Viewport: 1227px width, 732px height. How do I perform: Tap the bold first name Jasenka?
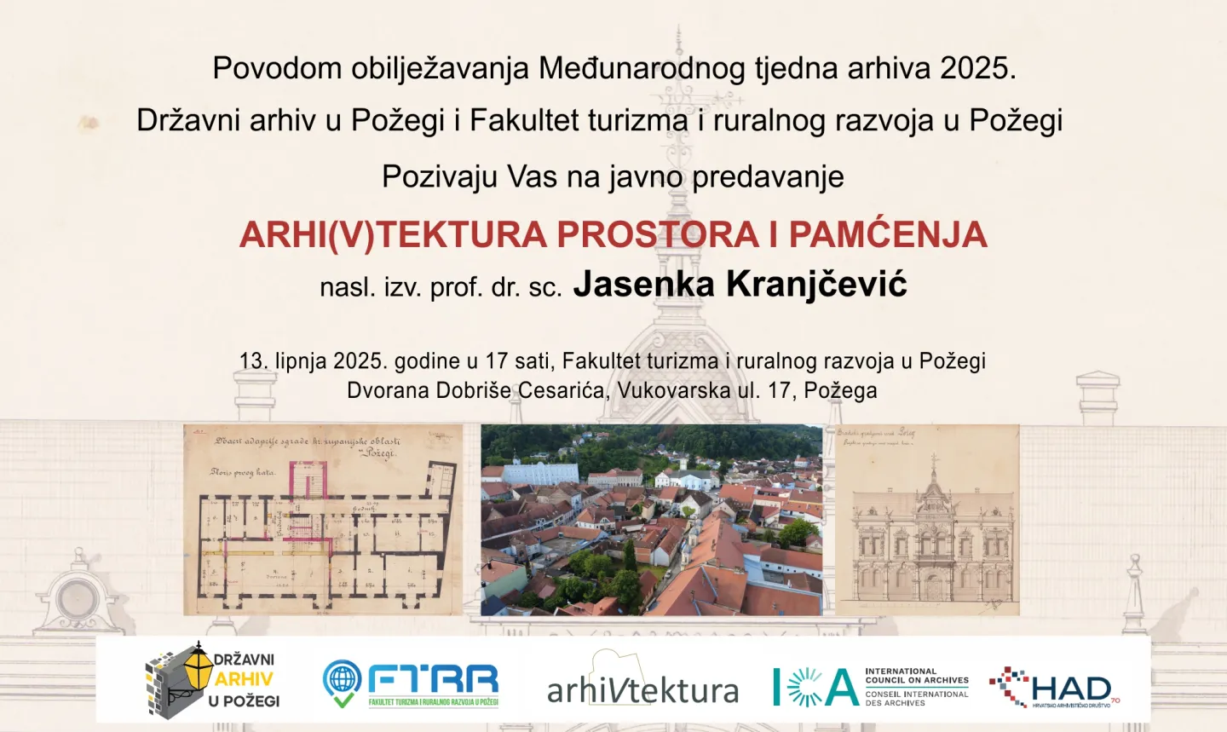coord(643,284)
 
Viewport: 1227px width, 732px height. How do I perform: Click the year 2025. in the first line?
coord(978,68)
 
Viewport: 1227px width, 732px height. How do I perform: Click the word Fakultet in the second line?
coord(521,120)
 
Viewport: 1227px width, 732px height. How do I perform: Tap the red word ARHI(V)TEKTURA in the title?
coord(393,234)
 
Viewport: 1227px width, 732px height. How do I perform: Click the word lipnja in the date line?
coord(301,360)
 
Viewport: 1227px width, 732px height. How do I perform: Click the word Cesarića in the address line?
coord(563,390)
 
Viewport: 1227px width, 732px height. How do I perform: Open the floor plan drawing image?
coord(323,520)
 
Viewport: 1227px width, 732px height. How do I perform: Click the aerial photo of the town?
coord(651,520)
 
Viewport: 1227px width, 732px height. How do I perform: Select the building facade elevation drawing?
coord(927,520)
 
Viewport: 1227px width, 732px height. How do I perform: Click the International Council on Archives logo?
coord(870,687)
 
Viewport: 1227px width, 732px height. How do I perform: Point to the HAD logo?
coord(1055,687)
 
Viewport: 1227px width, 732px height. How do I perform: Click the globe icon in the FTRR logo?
coord(343,679)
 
